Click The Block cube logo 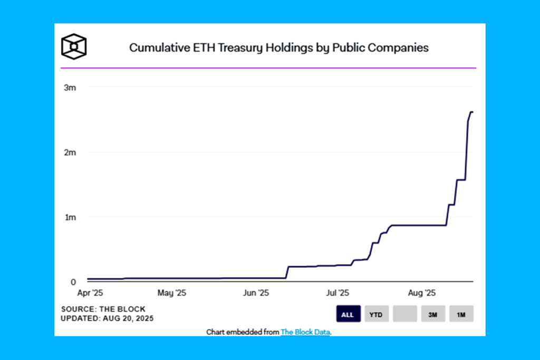(x=74, y=46)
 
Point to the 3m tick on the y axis (x=70, y=87)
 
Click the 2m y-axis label (x=70, y=152)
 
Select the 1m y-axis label (x=70, y=217)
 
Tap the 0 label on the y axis (x=74, y=282)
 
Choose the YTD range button (x=377, y=314)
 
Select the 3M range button (x=433, y=314)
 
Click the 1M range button (x=461, y=314)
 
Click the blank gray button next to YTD (x=405, y=314)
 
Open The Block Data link (x=305, y=332)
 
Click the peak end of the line (x=472, y=112)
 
